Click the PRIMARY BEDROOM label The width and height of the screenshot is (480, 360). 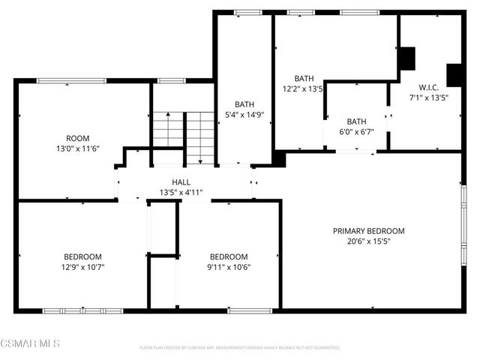pos(368,231)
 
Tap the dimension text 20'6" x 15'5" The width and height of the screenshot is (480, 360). pos(368,241)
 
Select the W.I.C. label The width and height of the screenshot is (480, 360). pos(428,87)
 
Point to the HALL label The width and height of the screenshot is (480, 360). pos(181,182)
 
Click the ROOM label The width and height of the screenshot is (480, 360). pos(78,138)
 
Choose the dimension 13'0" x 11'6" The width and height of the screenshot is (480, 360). pos(78,148)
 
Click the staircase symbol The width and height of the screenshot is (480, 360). pos(184,136)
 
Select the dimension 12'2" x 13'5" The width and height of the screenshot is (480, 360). pos(302,88)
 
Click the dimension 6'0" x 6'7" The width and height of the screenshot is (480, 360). pos(356,132)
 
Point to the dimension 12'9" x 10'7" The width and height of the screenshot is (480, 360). pos(82,267)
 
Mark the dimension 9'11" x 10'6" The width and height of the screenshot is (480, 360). pos(229,267)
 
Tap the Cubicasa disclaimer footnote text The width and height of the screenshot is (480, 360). pos(240,348)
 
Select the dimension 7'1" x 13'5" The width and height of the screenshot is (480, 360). pos(428,97)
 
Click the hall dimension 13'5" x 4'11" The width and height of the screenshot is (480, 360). pos(181,193)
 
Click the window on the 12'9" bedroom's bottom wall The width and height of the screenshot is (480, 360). pos(82,310)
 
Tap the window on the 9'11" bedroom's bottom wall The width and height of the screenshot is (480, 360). pos(249,310)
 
